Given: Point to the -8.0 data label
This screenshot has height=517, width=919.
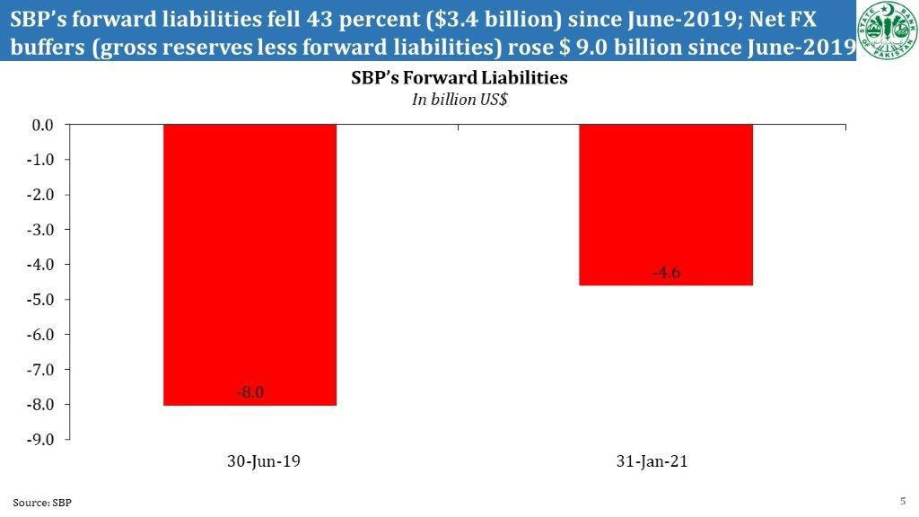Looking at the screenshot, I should tap(250, 391).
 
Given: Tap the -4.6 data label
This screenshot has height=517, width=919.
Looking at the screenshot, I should tap(666, 273).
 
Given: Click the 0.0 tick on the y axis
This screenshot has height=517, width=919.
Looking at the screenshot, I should tap(43, 125).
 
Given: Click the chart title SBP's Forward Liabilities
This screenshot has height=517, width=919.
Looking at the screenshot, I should tap(459, 78).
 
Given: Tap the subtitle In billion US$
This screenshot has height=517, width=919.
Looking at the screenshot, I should tap(459, 100).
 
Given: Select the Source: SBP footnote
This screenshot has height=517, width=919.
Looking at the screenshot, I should tap(41, 503).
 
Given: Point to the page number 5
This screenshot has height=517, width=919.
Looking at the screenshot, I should tap(902, 500).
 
